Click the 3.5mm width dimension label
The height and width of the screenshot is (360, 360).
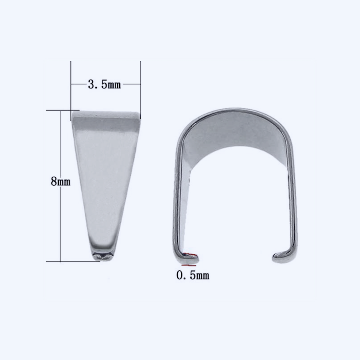[x=104, y=84]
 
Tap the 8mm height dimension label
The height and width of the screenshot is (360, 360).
[x=60, y=181]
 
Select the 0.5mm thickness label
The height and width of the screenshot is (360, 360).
[x=193, y=275]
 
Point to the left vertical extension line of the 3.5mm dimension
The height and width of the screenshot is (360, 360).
[x=71, y=91]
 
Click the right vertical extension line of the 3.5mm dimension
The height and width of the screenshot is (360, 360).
[x=140, y=90]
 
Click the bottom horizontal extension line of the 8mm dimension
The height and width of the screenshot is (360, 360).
[x=73, y=261]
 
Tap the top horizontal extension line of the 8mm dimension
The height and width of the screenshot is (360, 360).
[x=63, y=110]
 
